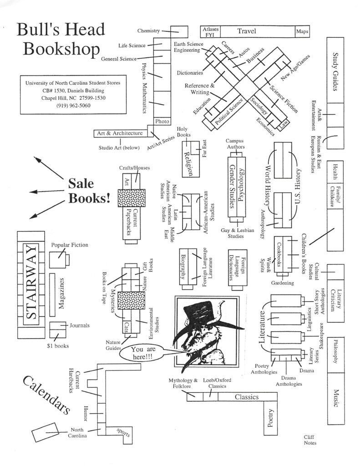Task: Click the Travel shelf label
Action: (246, 31)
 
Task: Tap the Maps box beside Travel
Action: (302, 31)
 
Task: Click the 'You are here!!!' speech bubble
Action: (143, 353)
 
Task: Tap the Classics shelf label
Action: (246, 397)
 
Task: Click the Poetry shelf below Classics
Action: (270, 418)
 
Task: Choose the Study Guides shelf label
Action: (335, 71)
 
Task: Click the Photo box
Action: (162, 122)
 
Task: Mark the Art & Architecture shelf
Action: (119, 133)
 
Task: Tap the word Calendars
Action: (46, 395)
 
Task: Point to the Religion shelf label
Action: (188, 163)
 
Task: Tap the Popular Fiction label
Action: (70, 245)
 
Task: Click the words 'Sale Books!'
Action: (89, 191)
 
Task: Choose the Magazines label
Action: (62, 293)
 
